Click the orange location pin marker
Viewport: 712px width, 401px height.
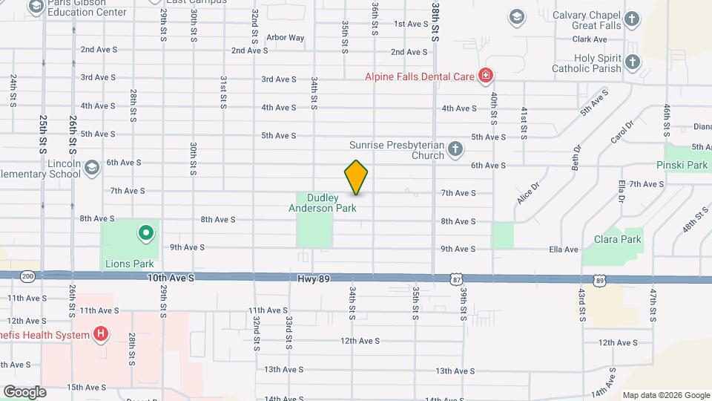coord(356,177)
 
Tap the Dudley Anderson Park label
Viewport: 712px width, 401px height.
coord(323,203)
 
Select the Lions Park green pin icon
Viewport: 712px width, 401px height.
coord(146,234)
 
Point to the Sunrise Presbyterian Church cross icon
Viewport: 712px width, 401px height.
coord(455,151)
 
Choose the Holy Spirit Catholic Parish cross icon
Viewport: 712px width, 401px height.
coord(631,62)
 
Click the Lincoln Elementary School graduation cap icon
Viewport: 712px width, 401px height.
coord(91,167)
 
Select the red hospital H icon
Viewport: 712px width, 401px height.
coord(100,334)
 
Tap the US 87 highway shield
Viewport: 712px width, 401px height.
coord(455,278)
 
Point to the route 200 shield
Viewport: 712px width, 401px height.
coord(27,276)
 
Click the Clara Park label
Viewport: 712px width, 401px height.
coord(617,239)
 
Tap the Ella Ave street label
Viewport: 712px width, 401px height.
coord(563,250)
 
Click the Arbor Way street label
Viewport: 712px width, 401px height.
coord(285,37)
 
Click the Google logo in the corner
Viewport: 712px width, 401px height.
coord(24,391)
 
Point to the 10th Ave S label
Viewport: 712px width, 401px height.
coord(171,278)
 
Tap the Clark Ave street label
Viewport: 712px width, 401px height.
coord(590,39)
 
